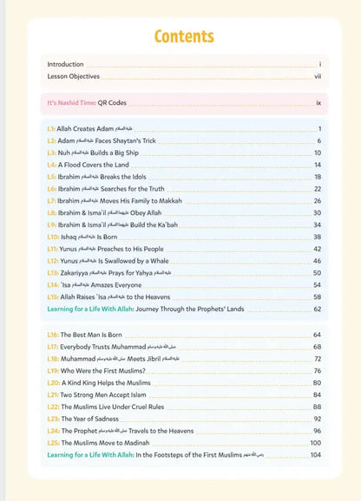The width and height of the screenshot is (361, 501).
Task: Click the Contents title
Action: pos(183,36)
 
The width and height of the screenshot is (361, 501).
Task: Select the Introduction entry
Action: pos(65,64)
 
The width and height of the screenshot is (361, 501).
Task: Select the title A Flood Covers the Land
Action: pos(93,164)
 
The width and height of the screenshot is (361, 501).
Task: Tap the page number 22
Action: pos(318,188)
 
